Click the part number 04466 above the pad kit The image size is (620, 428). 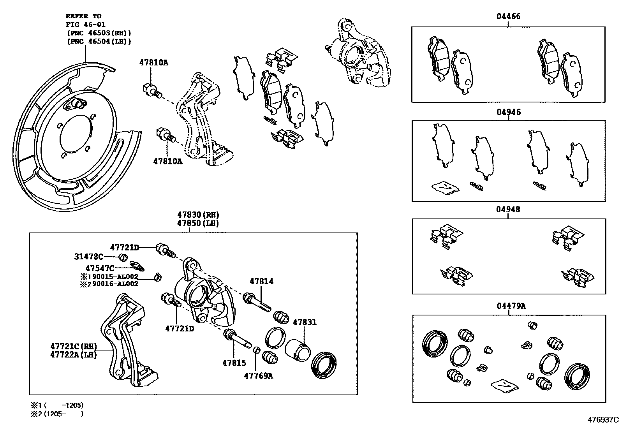coord(508,16)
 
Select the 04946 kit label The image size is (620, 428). coord(508,112)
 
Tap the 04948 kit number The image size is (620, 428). coord(508,210)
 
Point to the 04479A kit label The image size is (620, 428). coord(511,306)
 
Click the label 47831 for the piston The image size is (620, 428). coord(305,322)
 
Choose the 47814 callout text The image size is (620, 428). coord(261,281)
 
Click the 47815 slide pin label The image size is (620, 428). coord(234,363)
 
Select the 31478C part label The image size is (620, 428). coord(89,257)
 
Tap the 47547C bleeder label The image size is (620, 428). coord(100,268)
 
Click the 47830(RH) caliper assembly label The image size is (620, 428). coord(198,215)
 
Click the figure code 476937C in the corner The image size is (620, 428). coord(603,420)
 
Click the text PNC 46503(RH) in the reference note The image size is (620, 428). coord(99,33)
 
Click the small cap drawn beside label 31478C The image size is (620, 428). coord(123,257)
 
